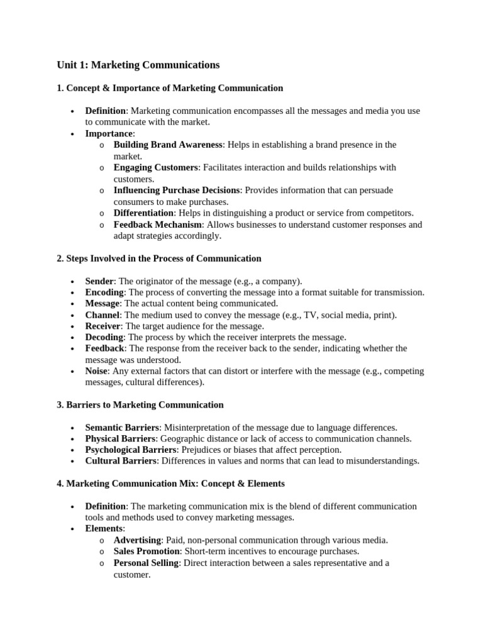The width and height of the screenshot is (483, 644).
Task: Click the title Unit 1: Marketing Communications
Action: coord(138,65)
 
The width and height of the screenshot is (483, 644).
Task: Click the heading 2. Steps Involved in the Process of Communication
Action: coord(158,258)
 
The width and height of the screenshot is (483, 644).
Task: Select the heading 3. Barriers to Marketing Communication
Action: coord(140,405)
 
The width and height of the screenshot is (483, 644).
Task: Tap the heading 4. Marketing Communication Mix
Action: coord(170,484)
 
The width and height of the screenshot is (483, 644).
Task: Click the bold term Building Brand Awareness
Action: coord(168,145)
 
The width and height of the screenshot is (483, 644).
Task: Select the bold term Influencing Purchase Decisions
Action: coord(177,190)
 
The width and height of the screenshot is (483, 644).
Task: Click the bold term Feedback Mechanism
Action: coord(158,225)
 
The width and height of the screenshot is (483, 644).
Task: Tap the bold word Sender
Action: coord(99,281)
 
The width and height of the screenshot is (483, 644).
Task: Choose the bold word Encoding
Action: coord(104,292)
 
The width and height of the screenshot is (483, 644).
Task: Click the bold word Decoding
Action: coord(104,337)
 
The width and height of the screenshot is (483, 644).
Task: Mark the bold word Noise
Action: coord(97,371)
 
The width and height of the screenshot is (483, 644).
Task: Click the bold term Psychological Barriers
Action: coord(131,450)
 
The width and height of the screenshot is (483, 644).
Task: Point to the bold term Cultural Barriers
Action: coord(120,461)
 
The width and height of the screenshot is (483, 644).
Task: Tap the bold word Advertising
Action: coord(137,540)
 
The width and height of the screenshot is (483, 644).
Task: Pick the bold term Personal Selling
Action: coord(146,563)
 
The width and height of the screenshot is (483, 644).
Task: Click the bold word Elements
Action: coord(104,529)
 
